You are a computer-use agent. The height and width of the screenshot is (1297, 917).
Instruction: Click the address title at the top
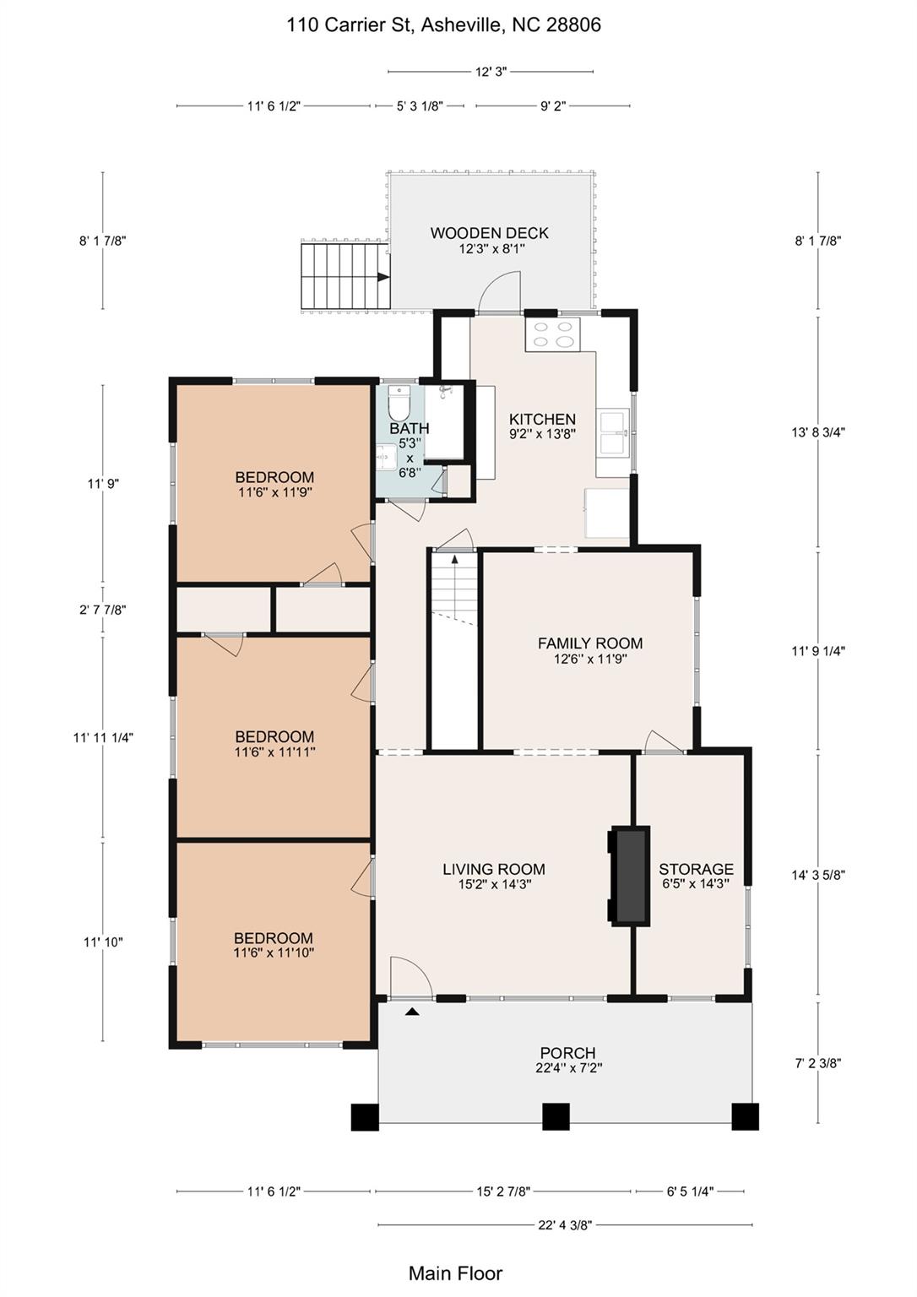click(x=443, y=25)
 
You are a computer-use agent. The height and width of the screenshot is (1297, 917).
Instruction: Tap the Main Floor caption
click(x=455, y=1273)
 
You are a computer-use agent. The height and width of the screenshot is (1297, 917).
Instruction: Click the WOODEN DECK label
click(x=489, y=233)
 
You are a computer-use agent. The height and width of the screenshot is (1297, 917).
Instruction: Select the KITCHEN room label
click(x=542, y=419)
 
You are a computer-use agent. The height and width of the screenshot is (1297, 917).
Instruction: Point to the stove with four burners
click(x=552, y=334)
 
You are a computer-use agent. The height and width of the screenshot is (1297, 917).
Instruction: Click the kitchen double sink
click(x=612, y=432)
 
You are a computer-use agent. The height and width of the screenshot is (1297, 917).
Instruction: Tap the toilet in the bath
click(x=399, y=404)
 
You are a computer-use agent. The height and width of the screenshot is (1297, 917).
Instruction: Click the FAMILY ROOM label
click(x=589, y=643)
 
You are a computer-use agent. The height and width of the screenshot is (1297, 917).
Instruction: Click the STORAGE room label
click(x=696, y=869)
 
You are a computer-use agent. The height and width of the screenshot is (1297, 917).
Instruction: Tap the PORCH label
click(x=567, y=1053)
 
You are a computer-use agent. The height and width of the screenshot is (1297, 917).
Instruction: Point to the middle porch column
click(x=555, y=1116)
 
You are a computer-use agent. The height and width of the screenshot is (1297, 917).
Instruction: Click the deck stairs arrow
click(x=383, y=276)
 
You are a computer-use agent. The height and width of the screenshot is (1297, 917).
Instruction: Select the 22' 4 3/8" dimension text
click(x=564, y=1224)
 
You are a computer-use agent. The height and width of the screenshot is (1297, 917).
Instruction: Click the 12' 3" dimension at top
click(x=491, y=72)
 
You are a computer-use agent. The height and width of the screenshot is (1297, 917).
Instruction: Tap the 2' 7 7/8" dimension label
click(x=103, y=610)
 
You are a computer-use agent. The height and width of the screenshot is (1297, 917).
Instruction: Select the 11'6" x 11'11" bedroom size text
click(x=274, y=752)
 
